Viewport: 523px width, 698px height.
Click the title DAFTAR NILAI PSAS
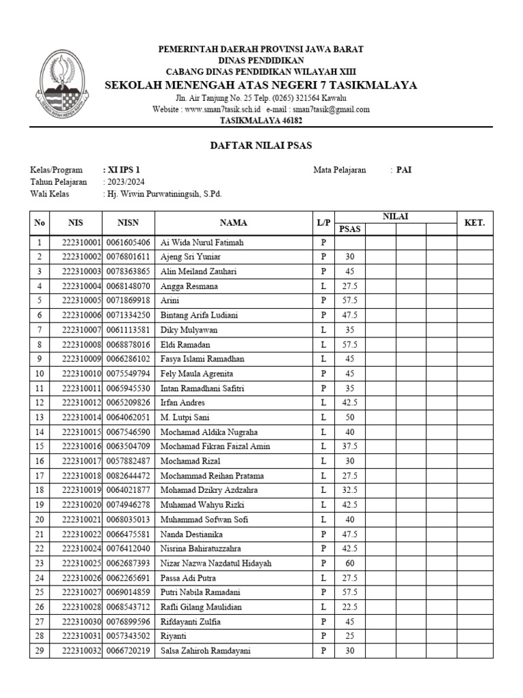click(x=261, y=146)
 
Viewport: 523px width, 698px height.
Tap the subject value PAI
click(x=404, y=170)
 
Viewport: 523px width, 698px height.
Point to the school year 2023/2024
click(x=125, y=182)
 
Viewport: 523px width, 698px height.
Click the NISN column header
click(x=129, y=223)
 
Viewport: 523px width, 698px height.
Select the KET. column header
click(x=474, y=223)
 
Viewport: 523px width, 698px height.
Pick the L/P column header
click(x=323, y=223)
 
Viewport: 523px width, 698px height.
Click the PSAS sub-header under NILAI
click(x=350, y=229)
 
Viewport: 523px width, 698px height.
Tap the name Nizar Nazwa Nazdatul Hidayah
click(x=215, y=564)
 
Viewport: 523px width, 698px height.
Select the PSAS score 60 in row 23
click(x=350, y=564)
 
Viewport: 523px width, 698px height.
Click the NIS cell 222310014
click(x=81, y=417)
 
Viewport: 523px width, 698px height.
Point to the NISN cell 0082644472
click(x=129, y=476)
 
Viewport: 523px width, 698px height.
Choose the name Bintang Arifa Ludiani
click(x=199, y=315)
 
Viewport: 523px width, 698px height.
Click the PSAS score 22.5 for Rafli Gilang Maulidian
click(x=350, y=607)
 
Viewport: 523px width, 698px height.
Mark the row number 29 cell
click(x=39, y=651)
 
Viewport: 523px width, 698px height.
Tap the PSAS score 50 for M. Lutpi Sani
click(x=350, y=417)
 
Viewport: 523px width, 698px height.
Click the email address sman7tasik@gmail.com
click(x=330, y=109)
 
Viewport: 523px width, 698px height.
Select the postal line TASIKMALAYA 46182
click(x=261, y=121)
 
